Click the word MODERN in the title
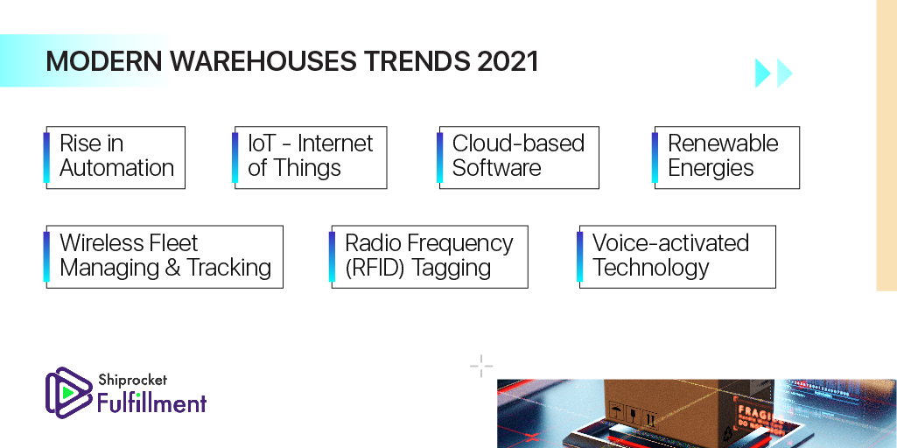(x=104, y=61)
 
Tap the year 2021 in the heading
(x=508, y=61)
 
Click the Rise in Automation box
(x=116, y=157)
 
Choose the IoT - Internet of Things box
(x=311, y=157)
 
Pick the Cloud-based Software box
(x=519, y=157)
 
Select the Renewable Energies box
(x=726, y=157)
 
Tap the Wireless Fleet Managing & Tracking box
(x=165, y=256)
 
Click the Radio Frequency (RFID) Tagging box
(x=430, y=256)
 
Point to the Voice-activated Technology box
(x=677, y=256)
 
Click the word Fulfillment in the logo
(x=151, y=402)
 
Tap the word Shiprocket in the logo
(x=132, y=379)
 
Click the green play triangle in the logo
(x=68, y=393)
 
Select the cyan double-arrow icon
(x=774, y=73)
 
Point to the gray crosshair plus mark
(x=481, y=366)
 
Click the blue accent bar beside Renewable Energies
(x=655, y=157)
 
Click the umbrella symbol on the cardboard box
(x=617, y=410)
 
